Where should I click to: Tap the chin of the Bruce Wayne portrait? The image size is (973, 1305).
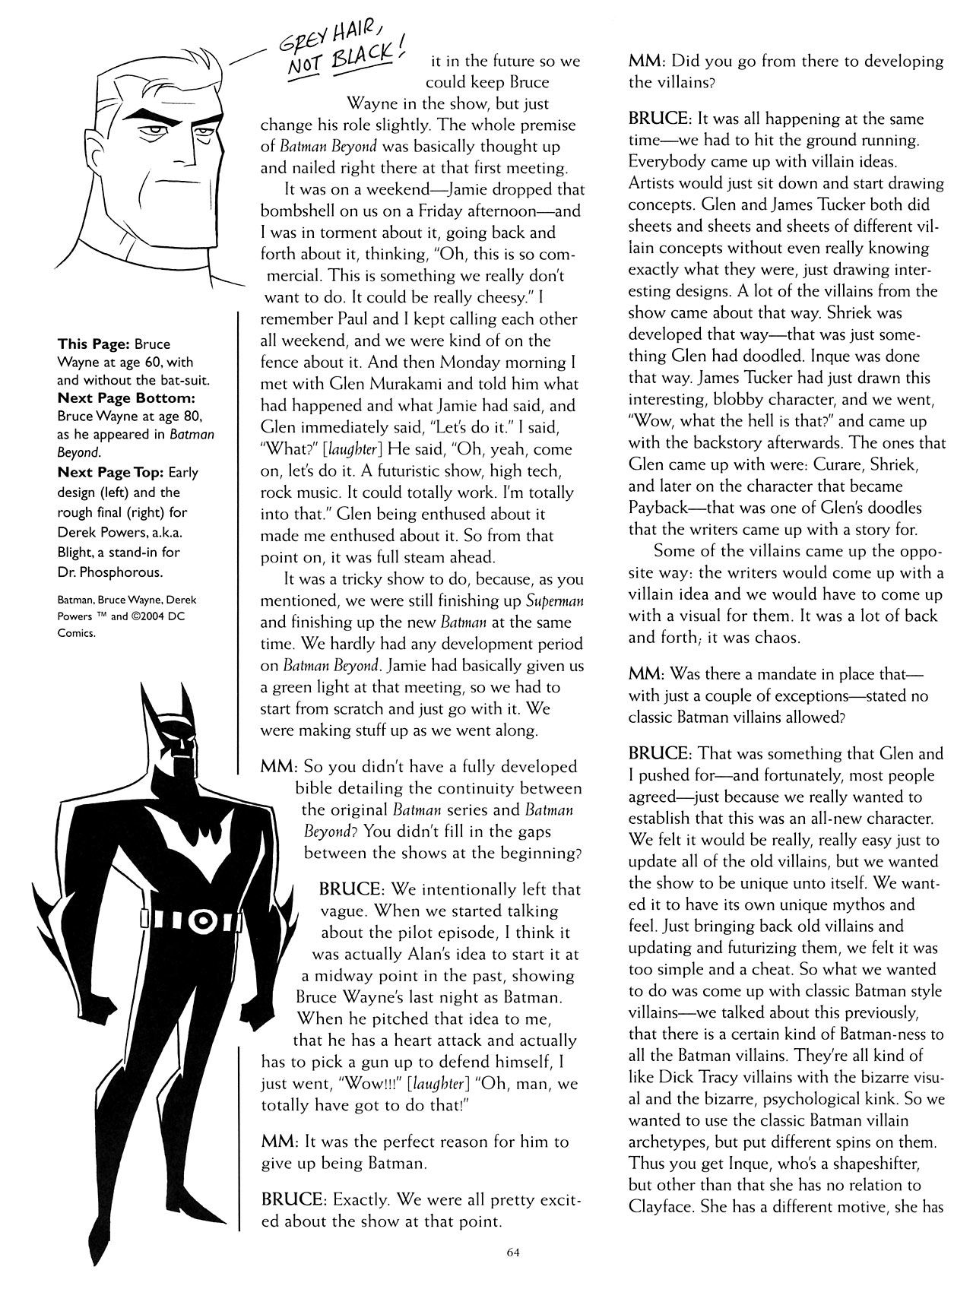pyautogui.click(x=182, y=230)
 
